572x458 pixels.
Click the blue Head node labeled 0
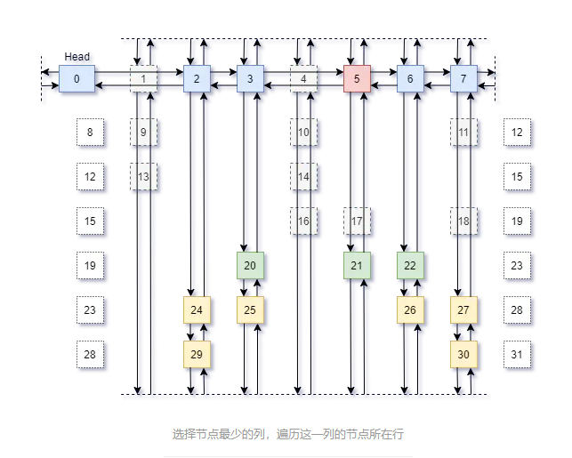coord(77,79)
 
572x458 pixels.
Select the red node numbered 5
coord(357,79)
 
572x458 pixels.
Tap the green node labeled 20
coord(250,265)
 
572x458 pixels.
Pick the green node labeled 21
coord(357,265)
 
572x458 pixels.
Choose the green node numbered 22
coord(410,265)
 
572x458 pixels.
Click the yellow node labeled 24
coord(197,309)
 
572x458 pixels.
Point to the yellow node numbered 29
coord(197,354)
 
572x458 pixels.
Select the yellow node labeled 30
coord(463,354)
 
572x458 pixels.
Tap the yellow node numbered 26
coord(410,309)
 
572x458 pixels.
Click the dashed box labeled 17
coord(357,221)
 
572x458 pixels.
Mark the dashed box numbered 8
coord(90,133)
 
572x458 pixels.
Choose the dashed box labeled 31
coord(517,354)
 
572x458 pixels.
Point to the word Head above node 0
coord(77,57)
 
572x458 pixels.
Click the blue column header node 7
coord(463,79)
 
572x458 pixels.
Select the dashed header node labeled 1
coord(143,79)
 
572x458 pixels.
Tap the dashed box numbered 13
coord(143,176)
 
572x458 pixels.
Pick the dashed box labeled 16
coord(303,221)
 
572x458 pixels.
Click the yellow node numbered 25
coord(250,309)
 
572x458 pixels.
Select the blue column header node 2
coord(197,79)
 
